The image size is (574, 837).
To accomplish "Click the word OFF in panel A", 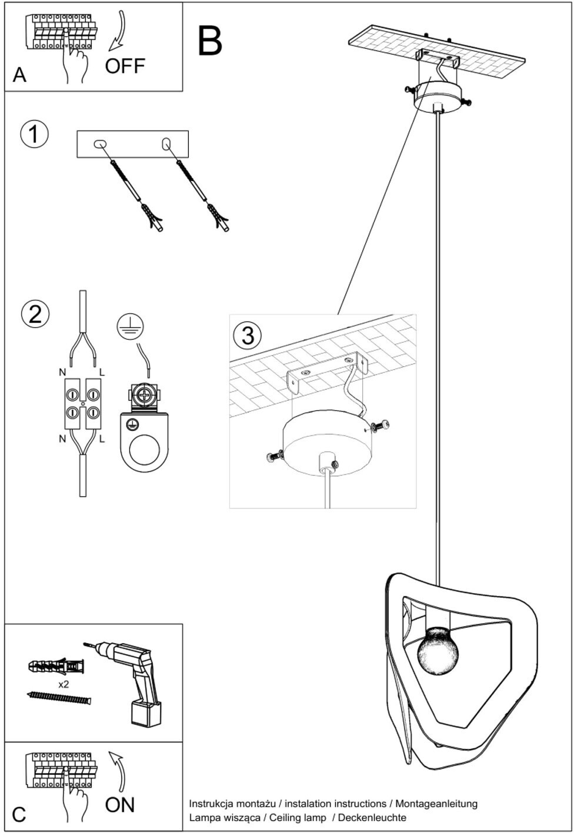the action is click(125, 66).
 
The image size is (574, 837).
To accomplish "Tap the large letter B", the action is click(210, 41).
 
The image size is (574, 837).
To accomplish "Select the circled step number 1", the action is click(34, 134).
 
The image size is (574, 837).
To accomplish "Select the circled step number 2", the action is click(35, 314).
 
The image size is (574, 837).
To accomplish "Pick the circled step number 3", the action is click(248, 335).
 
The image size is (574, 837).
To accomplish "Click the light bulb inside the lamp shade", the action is click(438, 651).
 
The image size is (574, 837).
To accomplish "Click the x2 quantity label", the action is click(64, 685).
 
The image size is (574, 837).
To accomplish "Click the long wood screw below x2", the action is click(59, 698).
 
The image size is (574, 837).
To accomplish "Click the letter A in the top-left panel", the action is click(19, 75).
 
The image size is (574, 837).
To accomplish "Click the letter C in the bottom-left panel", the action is click(19, 815).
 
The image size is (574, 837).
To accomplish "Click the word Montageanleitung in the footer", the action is click(436, 803).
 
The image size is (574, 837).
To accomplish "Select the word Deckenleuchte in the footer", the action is click(372, 817).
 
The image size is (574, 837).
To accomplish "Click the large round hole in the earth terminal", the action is click(144, 452).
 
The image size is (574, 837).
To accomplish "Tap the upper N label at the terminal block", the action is click(62, 372).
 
